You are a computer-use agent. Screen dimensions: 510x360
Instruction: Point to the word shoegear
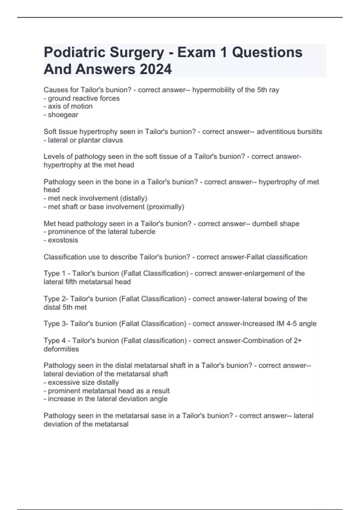pyautogui.click(x=63, y=115)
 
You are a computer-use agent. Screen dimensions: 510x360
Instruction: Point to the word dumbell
pyautogui.click(x=265, y=223)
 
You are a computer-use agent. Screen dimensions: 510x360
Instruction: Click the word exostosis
pyautogui.click(x=63, y=240)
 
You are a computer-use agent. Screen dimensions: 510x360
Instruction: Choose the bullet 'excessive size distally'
pyautogui.click(x=83, y=382)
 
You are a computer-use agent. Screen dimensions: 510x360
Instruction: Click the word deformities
pyautogui.click(x=61, y=349)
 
